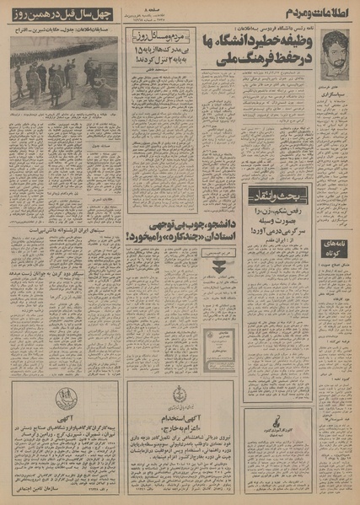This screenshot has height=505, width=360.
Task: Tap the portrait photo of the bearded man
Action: point(335,47)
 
